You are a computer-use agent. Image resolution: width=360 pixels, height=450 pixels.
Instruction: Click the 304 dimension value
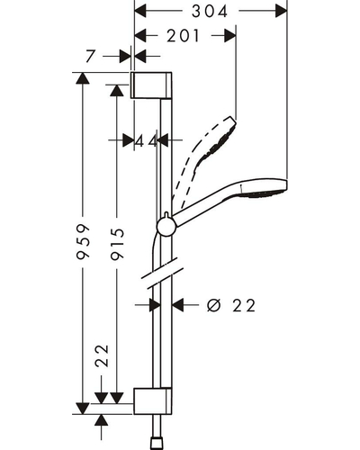210,12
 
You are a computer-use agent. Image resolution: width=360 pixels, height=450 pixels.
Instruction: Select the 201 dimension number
183,36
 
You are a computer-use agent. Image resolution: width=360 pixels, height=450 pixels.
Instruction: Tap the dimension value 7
90,56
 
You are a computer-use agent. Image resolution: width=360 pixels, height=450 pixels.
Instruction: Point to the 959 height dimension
83,241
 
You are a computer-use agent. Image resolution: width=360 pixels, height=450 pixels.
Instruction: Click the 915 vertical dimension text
117,244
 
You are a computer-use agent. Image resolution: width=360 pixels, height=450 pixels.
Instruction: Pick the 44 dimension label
146,140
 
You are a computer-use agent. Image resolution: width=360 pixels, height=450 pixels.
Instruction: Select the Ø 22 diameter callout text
231,305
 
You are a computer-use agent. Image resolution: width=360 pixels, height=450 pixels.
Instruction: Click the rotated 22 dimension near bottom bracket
102,355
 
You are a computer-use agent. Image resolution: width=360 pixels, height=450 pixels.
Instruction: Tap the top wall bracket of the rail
151,85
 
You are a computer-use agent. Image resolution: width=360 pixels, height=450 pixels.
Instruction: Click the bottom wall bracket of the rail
153,401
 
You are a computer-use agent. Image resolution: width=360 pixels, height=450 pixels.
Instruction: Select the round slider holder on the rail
166,226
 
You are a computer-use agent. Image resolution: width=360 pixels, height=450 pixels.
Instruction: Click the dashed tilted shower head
204,156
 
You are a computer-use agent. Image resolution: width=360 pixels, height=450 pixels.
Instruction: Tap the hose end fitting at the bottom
157,445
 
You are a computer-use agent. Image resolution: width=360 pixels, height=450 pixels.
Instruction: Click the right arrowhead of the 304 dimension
282,12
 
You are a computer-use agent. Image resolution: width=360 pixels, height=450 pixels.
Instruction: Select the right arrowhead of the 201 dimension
230,36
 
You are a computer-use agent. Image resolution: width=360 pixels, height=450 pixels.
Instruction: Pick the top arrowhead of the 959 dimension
83,78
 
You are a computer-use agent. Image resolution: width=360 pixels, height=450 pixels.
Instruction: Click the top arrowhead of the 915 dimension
117,90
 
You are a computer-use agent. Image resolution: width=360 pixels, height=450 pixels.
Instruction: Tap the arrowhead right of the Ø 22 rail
177,305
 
